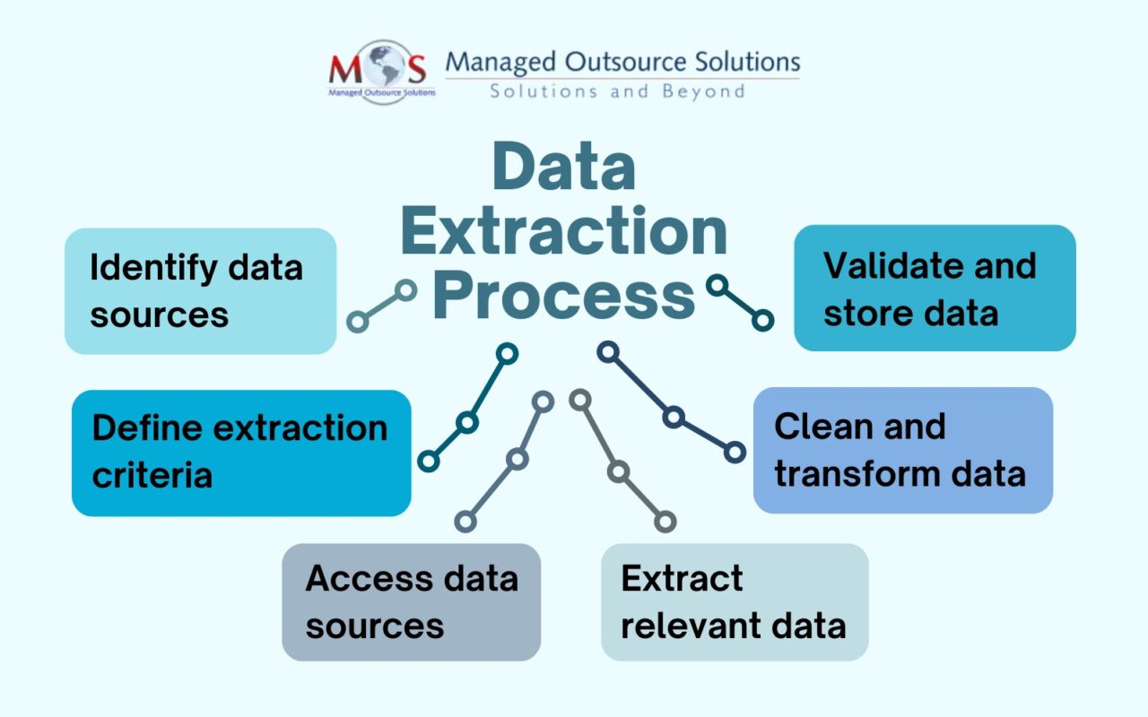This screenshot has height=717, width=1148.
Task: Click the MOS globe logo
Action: pos(382,72)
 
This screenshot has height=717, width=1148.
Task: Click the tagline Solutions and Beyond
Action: pos(617,91)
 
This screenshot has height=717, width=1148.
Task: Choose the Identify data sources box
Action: pos(200,290)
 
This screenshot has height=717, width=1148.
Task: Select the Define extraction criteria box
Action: pos(241,452)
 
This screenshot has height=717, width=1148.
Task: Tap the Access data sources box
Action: pos(411,601)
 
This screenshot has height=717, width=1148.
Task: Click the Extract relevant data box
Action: pos(734,601)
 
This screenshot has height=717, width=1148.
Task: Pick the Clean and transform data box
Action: pos(902,450)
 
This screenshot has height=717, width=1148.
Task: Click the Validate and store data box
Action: pos(935,288)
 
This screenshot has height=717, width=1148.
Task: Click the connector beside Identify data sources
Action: pos(382,305)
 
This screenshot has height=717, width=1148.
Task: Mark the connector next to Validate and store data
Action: pos(740,302)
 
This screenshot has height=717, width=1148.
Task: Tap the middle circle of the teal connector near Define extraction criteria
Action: pos(467,422)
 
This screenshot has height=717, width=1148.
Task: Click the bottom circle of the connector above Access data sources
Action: pos(465,521)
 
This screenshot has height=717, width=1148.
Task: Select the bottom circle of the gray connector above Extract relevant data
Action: pos(665,521)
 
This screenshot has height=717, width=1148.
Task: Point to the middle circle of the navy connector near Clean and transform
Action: pos(674,417)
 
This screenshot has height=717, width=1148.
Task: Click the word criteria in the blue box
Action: pos(152,474)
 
